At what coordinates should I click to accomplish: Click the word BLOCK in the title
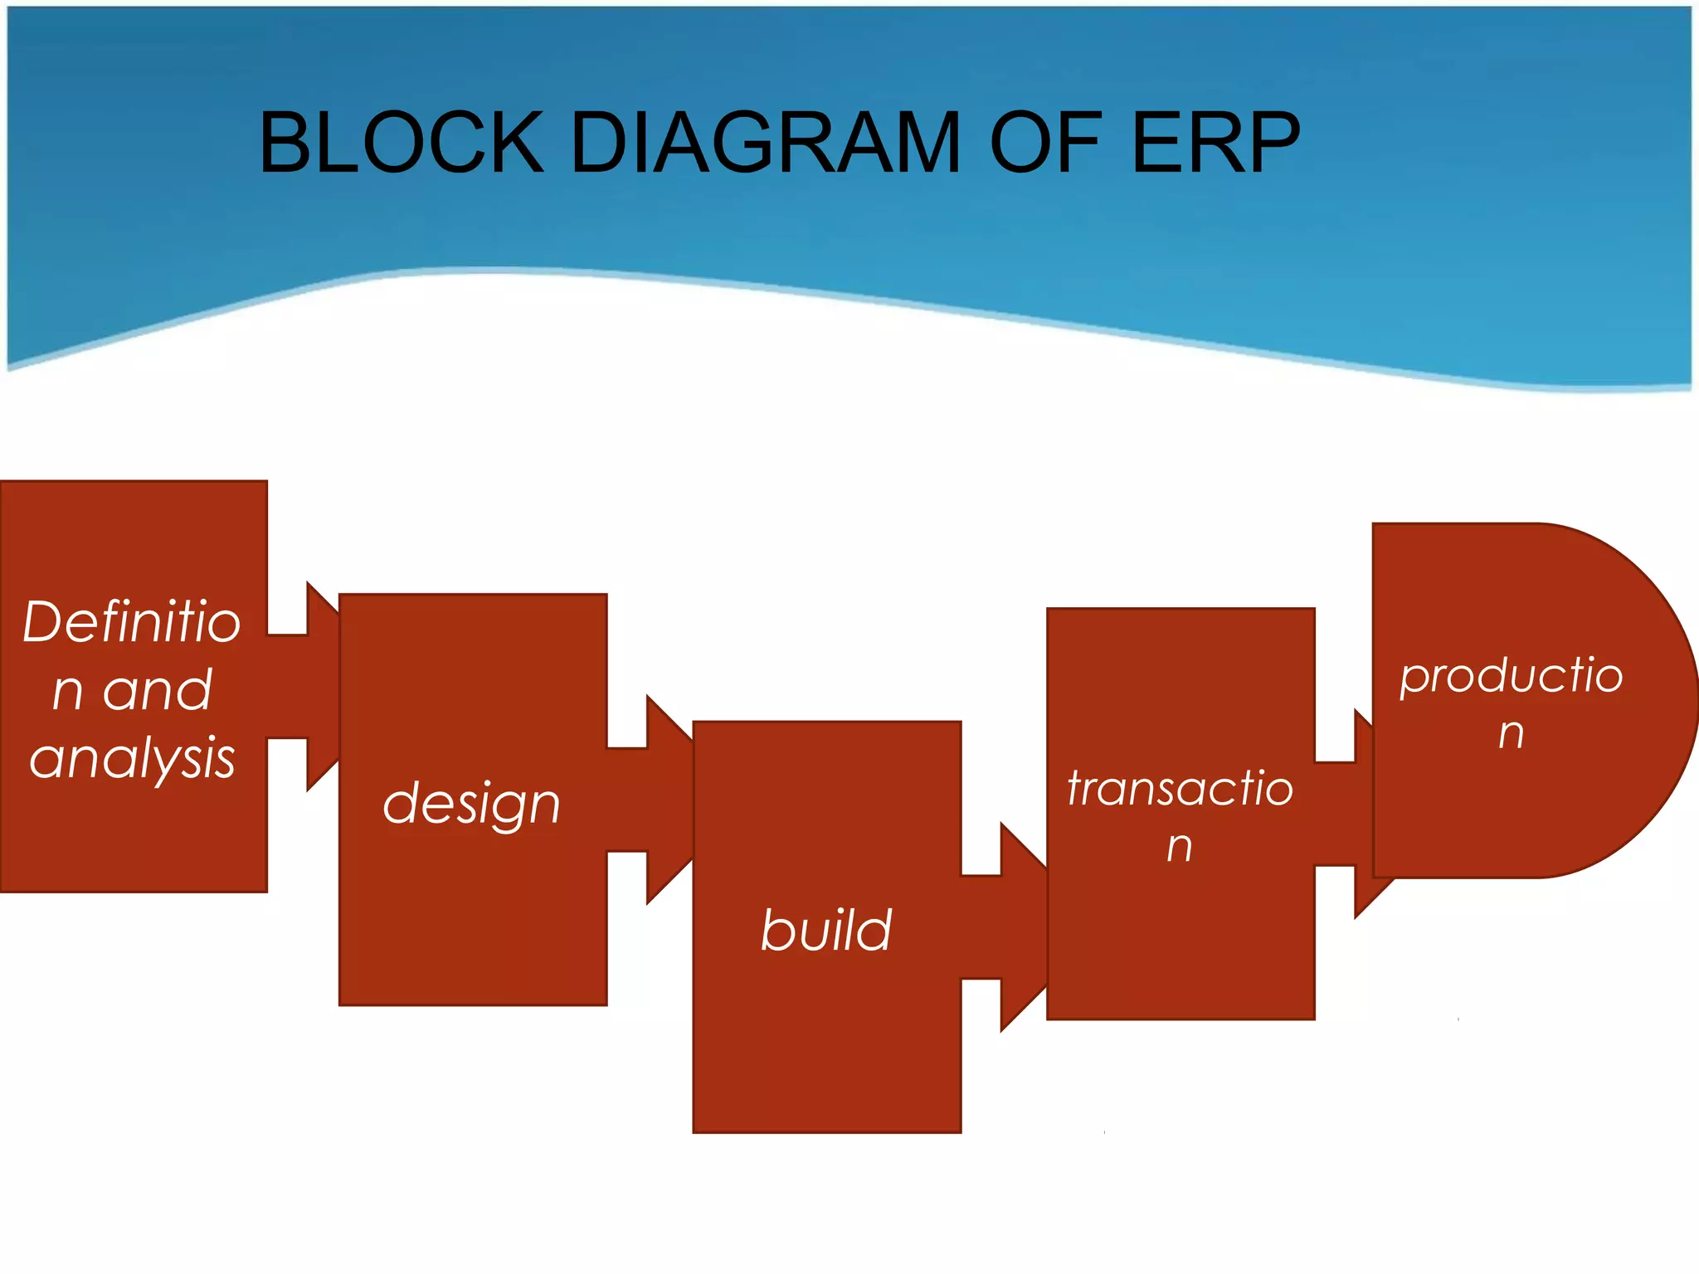401,143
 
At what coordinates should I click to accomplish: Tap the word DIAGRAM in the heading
765,143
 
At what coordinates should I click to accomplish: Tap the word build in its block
826,930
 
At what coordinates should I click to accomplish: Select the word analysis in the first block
133,758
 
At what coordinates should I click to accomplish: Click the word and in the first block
158,690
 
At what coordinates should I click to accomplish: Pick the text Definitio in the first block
131,622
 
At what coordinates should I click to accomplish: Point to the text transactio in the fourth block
1180,788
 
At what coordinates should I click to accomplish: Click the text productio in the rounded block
1511,675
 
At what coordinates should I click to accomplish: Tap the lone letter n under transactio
1180,847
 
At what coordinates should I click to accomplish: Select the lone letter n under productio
1512,733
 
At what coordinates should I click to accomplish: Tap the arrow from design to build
652,800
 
